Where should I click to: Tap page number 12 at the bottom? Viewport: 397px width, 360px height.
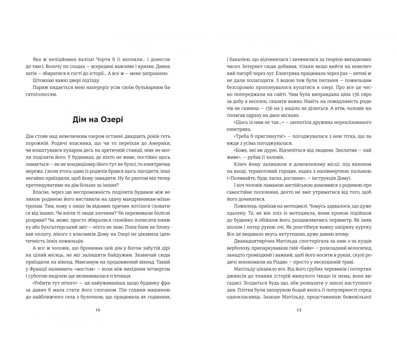[97, 309]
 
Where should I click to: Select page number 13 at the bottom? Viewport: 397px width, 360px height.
[299, 309]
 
